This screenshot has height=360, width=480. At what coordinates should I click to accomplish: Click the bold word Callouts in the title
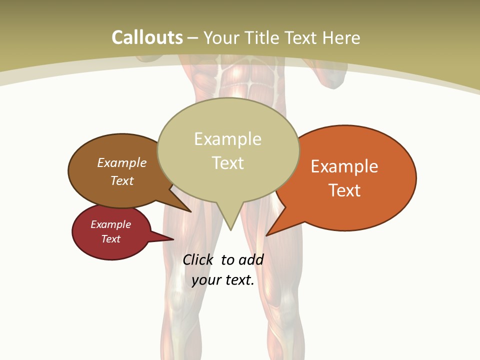[147, 37]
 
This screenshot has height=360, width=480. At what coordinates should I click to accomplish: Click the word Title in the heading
[262, 37]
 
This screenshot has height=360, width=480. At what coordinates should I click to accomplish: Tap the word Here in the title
[342, 37]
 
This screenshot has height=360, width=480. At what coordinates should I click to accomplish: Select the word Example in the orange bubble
[344, 166]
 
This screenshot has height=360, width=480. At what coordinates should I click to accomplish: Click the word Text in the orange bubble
[344, 190]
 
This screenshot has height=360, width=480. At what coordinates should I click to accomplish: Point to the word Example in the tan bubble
[227, 139]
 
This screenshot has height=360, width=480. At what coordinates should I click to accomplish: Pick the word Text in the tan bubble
[227, 163]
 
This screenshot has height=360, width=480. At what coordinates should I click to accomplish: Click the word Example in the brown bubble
[122, 162]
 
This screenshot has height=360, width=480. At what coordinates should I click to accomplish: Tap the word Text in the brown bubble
[122, 180]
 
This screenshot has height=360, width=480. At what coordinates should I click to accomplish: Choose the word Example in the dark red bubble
[110, 224]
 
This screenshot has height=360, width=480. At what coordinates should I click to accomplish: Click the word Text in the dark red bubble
[110, 239]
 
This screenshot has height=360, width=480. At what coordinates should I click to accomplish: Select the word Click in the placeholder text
[198, 259]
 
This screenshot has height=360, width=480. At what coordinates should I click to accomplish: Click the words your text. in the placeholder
[223, 280]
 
